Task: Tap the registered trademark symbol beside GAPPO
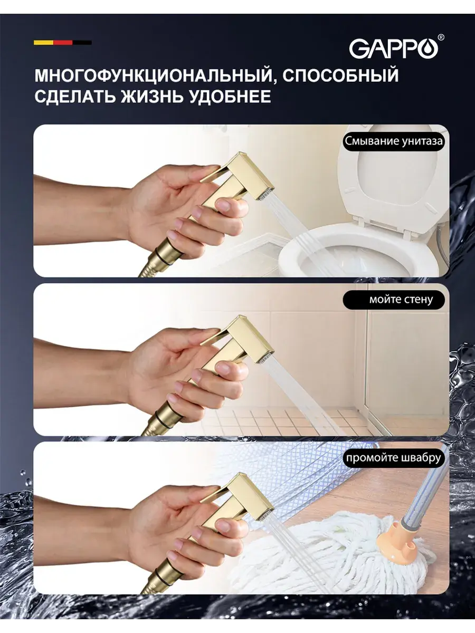click(x=441, y=37)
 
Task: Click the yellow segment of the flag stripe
click(x=44, y=43)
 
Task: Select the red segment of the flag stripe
click(x=63, y=43)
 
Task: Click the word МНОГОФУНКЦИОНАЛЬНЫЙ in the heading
click(x=154, y=75)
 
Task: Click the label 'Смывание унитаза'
click(x=394, y=141)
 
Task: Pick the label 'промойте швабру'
click(x=393, y=458)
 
